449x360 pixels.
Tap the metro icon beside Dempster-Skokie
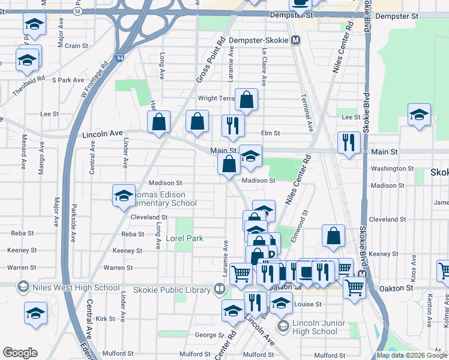tap(295, 41)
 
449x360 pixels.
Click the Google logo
tap(20, 353)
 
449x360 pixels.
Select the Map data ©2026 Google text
tap(412, 355)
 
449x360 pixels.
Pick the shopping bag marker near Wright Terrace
tap(246, 100)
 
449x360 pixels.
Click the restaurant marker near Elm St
tap(231, 126)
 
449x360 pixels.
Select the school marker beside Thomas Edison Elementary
tap(124, 196)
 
